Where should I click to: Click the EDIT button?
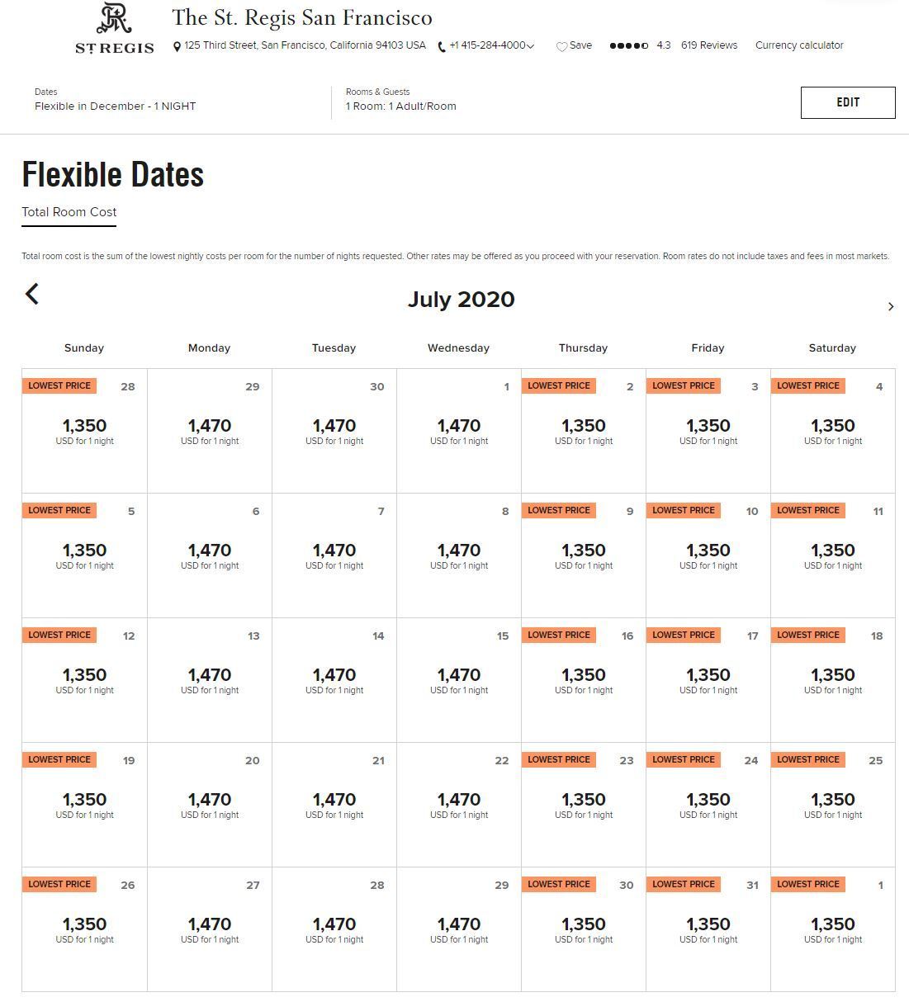tap(848, 102)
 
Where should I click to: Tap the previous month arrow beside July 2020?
tap(32, 294)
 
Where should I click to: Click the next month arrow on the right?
tap(891, 306)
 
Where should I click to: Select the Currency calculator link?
tap(799, 45)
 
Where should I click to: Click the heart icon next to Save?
tap(561, 46)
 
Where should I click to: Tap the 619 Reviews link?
tap(709, 45)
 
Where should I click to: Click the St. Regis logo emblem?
tap(114, 18)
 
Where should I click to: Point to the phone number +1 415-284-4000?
tap(487, 45)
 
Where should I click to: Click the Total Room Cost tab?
tap(69, 212)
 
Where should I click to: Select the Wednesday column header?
tap(458, 348)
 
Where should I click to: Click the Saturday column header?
tap(832, 348)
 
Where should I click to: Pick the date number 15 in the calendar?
tap(502, 636)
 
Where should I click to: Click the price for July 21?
tap(334, 799)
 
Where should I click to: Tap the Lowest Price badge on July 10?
tap(683, 510)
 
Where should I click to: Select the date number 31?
tap(752, 885)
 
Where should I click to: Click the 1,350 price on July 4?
tap(832, 426)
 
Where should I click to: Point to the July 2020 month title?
tap(461, 300)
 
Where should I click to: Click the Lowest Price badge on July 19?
tap(59, 759)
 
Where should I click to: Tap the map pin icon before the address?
tap(177, 47)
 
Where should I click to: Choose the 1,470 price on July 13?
tap(210, 675)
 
